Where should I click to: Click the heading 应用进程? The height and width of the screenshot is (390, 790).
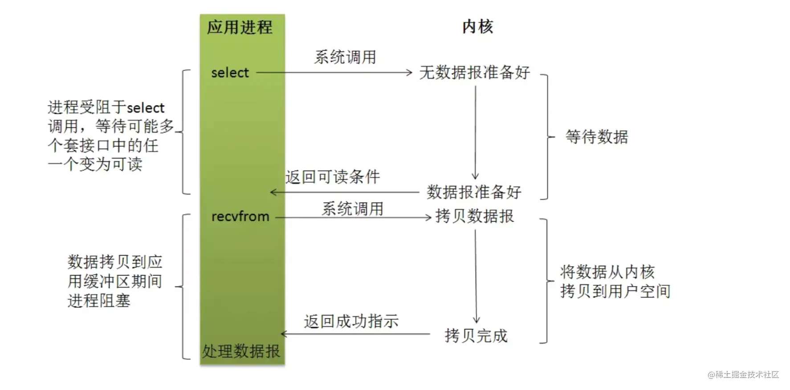[240, 27]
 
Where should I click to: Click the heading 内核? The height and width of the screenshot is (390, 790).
[477, 27]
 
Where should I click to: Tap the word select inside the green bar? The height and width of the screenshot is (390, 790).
[230, 73]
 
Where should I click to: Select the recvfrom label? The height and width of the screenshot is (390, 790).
[240, 216]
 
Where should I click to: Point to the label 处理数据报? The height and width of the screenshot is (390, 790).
[241, 351]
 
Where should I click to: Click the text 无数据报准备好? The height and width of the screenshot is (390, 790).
[475, 72]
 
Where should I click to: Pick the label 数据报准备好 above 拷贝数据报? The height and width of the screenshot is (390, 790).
[474, 192]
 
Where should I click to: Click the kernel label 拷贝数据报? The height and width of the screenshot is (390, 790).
[475, 216]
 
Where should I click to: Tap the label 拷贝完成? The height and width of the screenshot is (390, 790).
[476, 336]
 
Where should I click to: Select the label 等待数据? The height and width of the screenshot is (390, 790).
[597, 137]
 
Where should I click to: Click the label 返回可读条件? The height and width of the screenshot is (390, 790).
[333, 177]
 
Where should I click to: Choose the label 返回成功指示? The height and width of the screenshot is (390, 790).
[351, 321]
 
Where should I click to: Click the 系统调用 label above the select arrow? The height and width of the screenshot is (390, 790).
[345, 57]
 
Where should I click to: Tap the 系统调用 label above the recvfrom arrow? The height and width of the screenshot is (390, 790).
[353, 208]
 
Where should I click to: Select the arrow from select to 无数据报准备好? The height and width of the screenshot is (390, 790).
[334, 73]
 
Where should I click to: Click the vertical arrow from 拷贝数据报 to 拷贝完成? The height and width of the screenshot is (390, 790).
[476, 276]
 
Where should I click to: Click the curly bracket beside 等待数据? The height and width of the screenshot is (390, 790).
[547, 137]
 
